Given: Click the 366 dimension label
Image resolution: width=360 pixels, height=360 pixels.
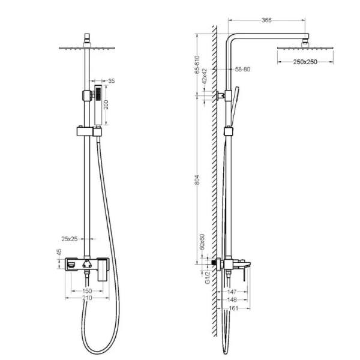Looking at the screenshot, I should pyautogui.click(x=267, y=20).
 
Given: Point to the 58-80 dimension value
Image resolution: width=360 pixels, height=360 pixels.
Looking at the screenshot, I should pyautogui.click(x=242, y=70).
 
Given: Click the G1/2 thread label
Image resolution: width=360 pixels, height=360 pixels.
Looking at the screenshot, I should pyautogui.click(x=207, y=277).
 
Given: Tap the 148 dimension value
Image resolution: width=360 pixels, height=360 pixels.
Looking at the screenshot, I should pyautogui.click(x=234, y=299).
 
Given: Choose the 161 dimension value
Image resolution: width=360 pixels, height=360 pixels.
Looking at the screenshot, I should pyautogui.click(x=234, y=309).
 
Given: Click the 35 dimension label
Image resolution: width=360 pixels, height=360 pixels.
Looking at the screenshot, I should pyautogui.click(x=111, y=80).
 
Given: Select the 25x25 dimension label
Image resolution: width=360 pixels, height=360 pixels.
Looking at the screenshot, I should pyautogui.click(x=69, y=239).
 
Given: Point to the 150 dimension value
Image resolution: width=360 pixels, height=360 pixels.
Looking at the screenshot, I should pyautogui.click(x=86, y=290).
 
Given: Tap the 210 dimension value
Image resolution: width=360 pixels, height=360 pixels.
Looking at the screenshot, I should pyautogui.click(x=86, y=299).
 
